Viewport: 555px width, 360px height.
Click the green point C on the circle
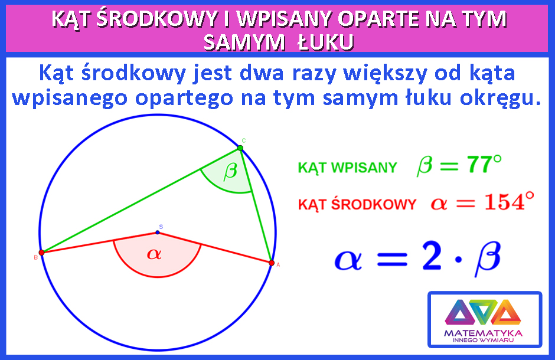(x=240, y=148)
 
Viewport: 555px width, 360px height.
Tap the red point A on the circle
(x=272, y=263)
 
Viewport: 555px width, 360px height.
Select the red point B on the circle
(x=41, y=253)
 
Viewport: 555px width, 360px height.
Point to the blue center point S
(x=158, y=233)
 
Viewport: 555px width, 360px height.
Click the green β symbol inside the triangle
(x=230, y=172)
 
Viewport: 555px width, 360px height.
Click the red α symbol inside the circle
(x=154, y=254)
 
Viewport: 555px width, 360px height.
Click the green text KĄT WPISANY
(x=347, y=168)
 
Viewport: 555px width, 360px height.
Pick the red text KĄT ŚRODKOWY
(x=357, y=204)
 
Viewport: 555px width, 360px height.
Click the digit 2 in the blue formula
(x=432, y=256)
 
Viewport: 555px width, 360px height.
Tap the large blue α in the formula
(x=348, y=260)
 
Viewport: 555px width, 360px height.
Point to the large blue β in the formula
(x=488, y=258)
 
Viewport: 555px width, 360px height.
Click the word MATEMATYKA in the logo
(x=483, y=333)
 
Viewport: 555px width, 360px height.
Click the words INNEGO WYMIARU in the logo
(x=483, y=340)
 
